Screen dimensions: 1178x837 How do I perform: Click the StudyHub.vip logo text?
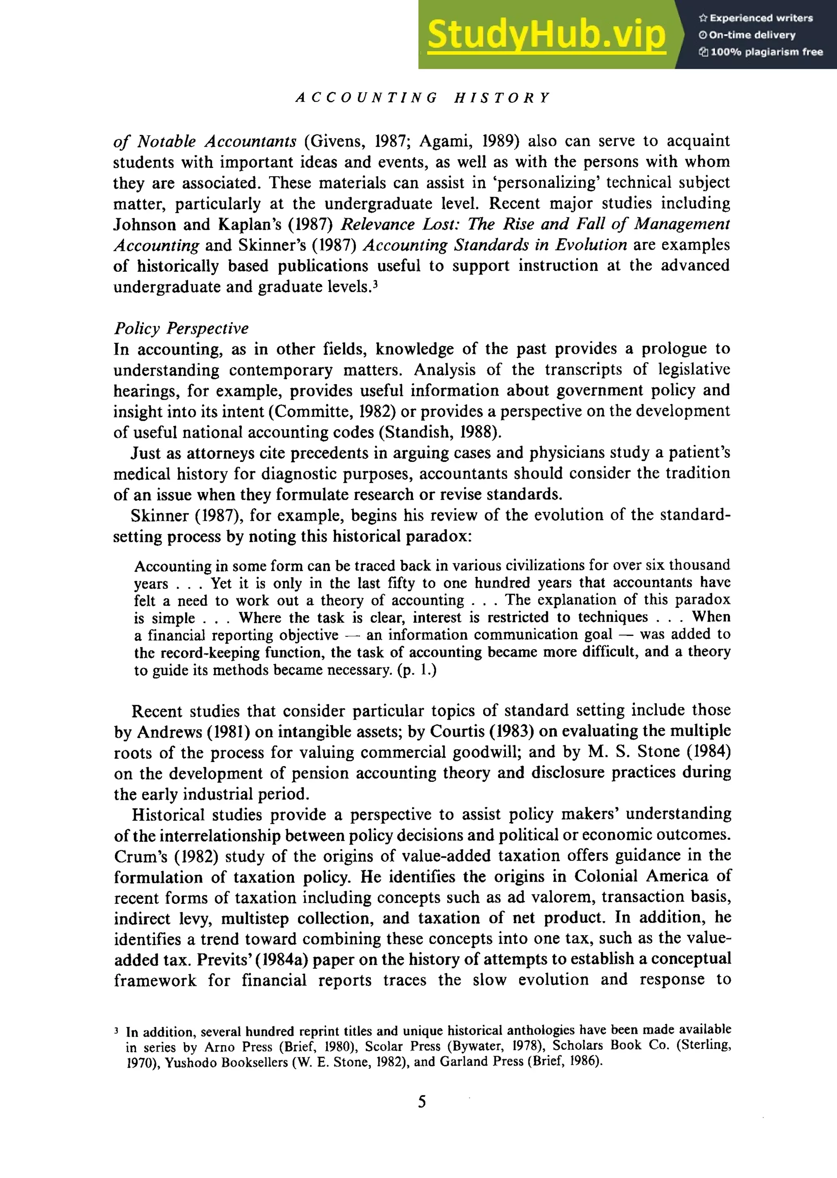click(x=546, y=34)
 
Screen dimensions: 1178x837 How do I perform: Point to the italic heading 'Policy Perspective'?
click(x=181, y=328)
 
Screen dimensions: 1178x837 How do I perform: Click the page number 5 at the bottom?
click(x=422, y=1102)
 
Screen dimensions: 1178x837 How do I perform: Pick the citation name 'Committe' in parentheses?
click(x=310, y=411)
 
